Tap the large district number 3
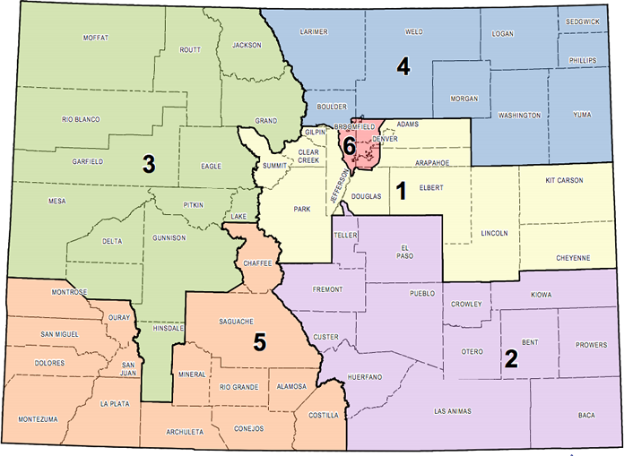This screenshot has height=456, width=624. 150,163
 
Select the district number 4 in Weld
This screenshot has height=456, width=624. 403,66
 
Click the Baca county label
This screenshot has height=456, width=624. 586,415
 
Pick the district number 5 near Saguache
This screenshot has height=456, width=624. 260,340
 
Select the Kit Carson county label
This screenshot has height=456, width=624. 564,180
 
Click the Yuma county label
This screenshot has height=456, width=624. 583,116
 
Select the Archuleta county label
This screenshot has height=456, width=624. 186,432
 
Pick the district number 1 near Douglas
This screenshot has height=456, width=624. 401,190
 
